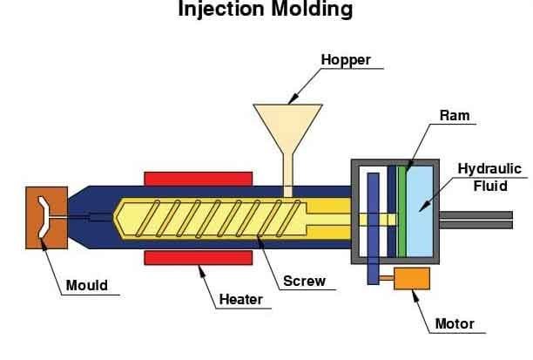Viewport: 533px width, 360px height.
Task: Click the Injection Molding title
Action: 266,10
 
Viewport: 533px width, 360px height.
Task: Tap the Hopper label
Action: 346,60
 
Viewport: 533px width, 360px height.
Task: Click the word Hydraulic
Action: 490,167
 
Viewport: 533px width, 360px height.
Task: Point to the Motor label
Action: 455,324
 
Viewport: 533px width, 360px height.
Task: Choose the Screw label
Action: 304,281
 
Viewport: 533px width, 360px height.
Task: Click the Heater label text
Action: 240,300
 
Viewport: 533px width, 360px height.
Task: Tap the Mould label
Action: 87,285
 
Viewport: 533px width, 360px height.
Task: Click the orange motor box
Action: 411,278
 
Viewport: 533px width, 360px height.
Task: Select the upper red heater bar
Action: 199,178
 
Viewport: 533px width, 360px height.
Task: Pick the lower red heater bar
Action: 199,257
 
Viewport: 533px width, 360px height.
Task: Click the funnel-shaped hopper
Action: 288,126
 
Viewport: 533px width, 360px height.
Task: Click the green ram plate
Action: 402,210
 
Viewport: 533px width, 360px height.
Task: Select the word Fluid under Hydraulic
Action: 490,186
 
